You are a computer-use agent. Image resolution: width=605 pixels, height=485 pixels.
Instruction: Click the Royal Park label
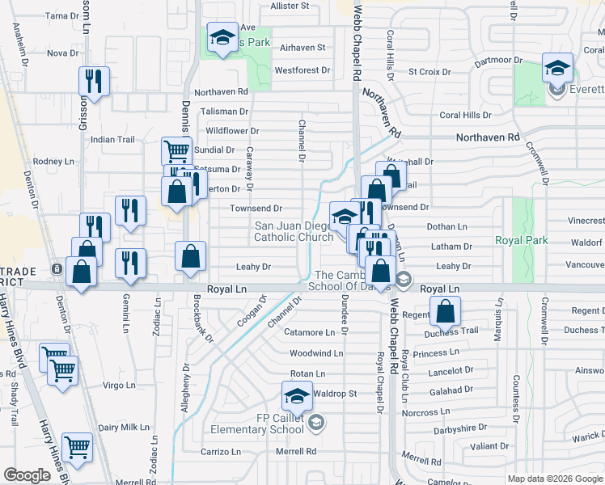click(521, 241)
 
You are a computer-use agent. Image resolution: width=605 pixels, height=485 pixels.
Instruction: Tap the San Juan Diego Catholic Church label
click(294, 231)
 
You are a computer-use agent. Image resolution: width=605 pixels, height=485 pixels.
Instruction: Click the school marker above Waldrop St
click(297, 396)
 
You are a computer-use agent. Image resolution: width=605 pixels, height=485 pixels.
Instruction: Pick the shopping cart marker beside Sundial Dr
click(176, 150)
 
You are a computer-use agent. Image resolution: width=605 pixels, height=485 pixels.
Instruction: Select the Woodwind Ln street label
click(316, 353)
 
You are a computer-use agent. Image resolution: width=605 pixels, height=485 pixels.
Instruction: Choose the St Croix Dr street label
click(429, 72)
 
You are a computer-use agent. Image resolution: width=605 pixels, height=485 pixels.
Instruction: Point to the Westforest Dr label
click(302, 70)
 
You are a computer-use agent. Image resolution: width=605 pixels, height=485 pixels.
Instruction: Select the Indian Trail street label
click(112, 140)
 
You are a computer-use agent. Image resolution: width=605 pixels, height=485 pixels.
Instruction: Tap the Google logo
click(27, 475)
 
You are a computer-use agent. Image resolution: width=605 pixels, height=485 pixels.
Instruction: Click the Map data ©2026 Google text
click(555, 479)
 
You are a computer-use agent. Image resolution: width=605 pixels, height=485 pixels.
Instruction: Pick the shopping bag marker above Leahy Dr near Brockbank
click(190, 258)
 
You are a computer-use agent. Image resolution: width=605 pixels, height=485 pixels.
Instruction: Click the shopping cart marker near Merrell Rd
click(77, 447)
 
